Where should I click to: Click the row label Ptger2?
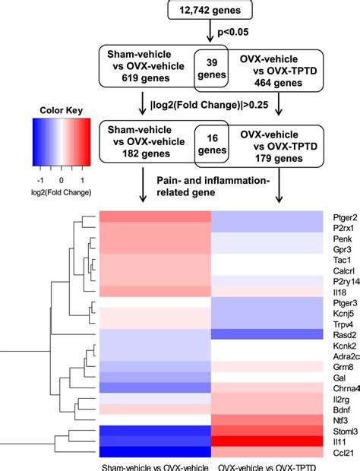tap(339, 216)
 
